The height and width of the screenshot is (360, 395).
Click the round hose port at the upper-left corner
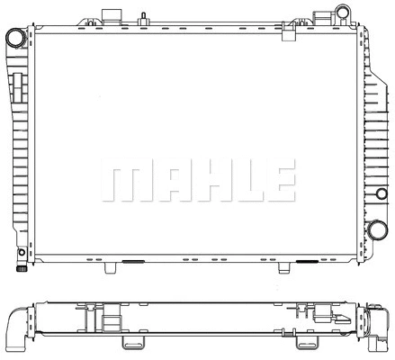[x=15, y=38]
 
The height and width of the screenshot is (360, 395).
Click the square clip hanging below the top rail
[x=288, y=33]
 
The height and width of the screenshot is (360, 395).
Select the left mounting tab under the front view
[x=111, y=267]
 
